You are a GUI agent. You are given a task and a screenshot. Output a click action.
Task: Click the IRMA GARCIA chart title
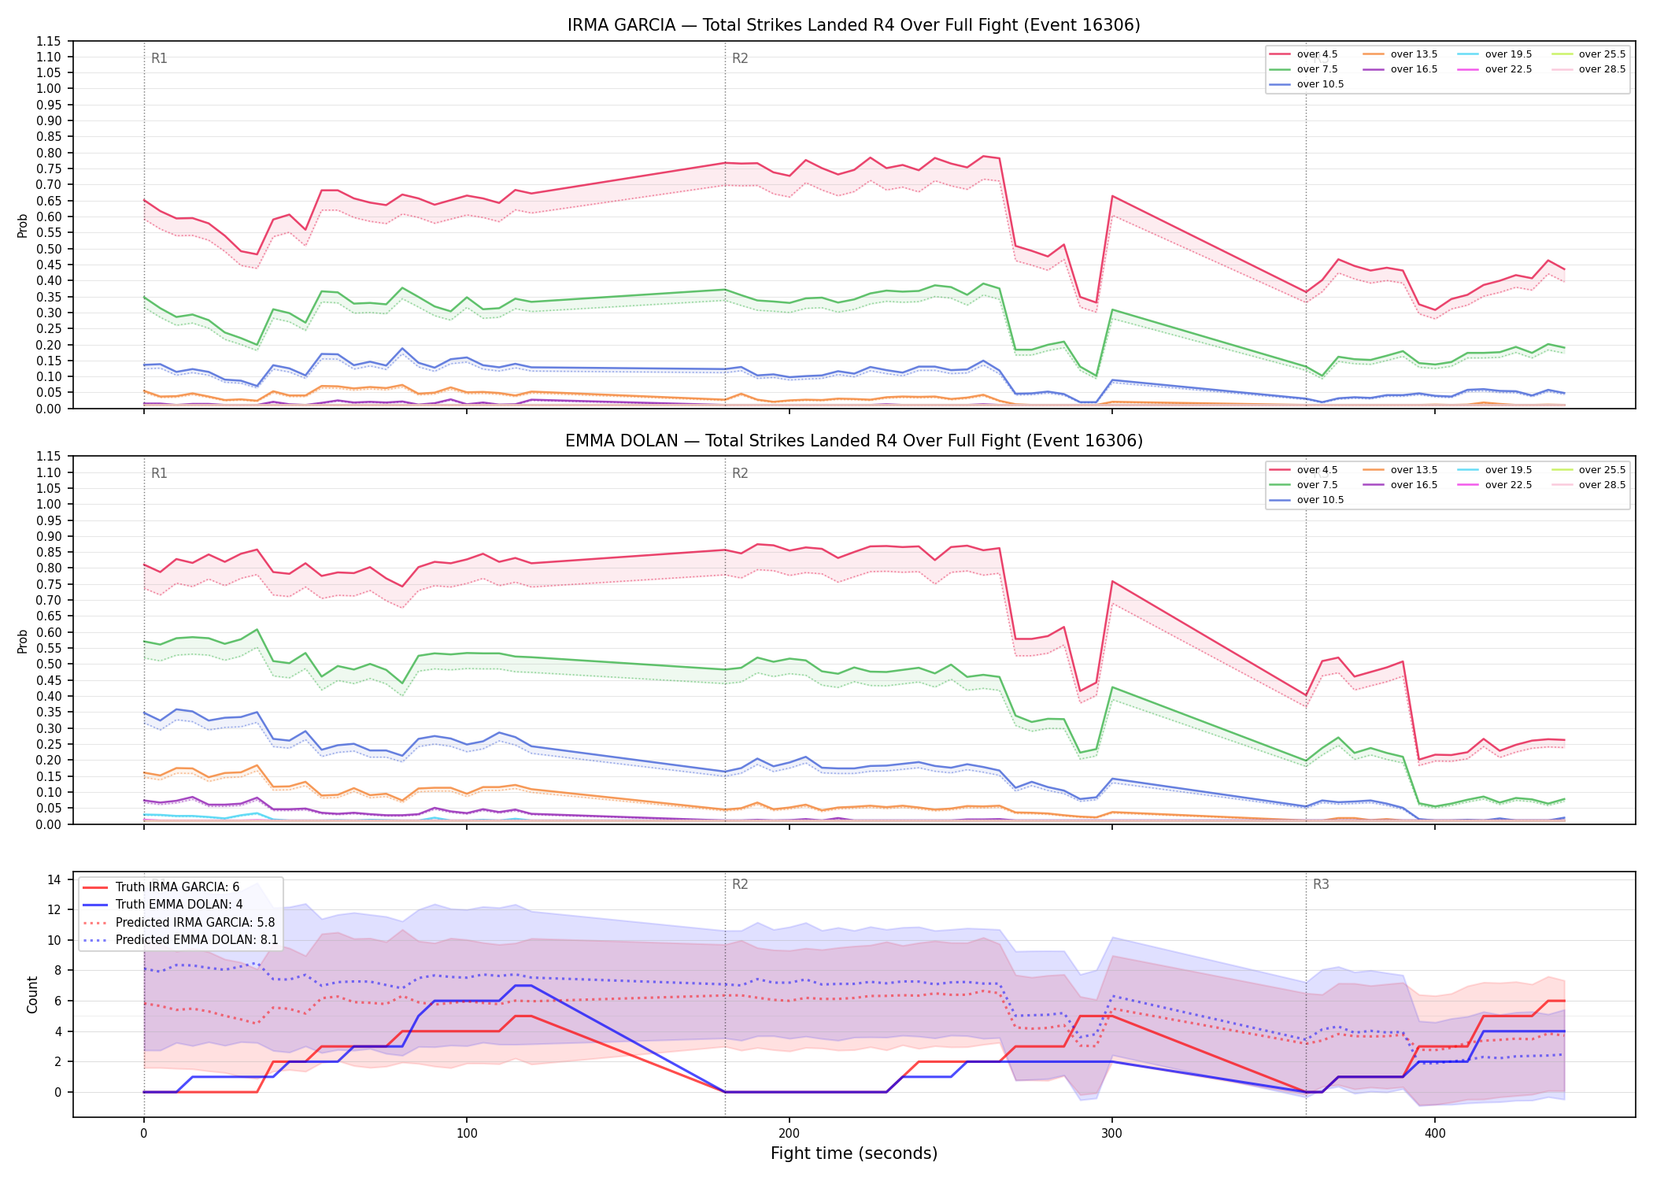pyautogui.click(x=853, y=25)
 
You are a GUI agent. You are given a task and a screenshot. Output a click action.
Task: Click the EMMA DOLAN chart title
pyautogui.click(x=853, y=441)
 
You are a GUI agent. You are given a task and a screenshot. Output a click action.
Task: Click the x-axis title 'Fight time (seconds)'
pyautogui.click(x=854, y=1153)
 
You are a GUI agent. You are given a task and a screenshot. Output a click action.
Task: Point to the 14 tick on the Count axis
pyautogui.click(x=54, y=879)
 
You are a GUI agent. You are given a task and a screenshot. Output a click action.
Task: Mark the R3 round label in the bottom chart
pyautogui.click(x=1321, y=884)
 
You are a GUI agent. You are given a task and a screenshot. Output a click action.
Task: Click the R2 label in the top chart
pyautogui.click(x=740, y=58)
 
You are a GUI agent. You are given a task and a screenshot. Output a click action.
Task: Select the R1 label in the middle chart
pyautogui.click(x=159, y=473)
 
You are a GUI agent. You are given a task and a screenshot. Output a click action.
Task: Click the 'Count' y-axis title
pyautogui.click(x=32, y=994)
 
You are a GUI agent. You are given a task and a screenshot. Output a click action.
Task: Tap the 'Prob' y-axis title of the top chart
pyautogui.click(x=23, y=225)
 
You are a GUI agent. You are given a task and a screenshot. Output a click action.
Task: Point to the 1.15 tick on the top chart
pyautogui.click(x=49, y=41)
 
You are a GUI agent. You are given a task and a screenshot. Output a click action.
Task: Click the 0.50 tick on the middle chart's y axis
pyautogui.click(x=49, y=664)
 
